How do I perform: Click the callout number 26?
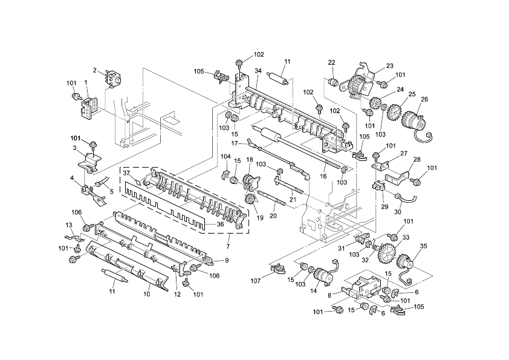pos(424,100)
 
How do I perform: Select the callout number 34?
pos(258,71)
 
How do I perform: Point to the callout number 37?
pos(128,173)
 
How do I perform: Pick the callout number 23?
pos(389,66)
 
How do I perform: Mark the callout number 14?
pos(313,291)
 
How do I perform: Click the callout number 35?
pos(423,246)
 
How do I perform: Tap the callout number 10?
pos(146,295)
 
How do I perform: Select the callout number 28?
pos(417,160)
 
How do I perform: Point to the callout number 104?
pos(225,157)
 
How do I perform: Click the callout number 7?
pos(227,247)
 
